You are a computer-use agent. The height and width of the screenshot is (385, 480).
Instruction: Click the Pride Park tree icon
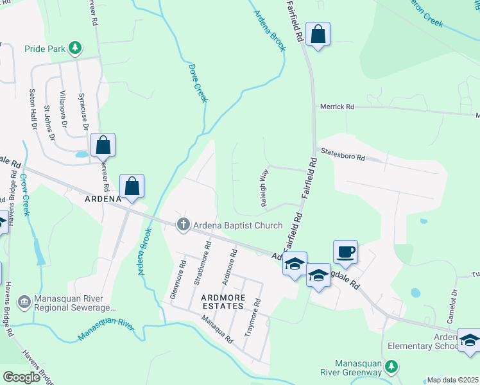[x=76, y=48]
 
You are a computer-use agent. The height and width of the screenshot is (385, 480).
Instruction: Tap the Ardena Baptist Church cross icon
[x=184, y=225]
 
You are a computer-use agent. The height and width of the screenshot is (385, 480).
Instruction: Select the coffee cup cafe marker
[x=345, y=252]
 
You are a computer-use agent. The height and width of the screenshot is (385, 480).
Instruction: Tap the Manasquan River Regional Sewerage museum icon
[x=24, y=301]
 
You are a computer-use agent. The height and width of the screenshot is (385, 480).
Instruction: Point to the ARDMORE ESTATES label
[x=223, y=306]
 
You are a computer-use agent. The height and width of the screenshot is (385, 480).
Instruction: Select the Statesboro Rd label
[x=343, y=154]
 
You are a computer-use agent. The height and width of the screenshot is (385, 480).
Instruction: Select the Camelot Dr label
[x=452, y=302]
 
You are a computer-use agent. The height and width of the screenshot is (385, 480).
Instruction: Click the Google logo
[x=22, y=377]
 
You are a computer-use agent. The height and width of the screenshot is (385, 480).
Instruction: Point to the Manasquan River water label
[x=105, y=329]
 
